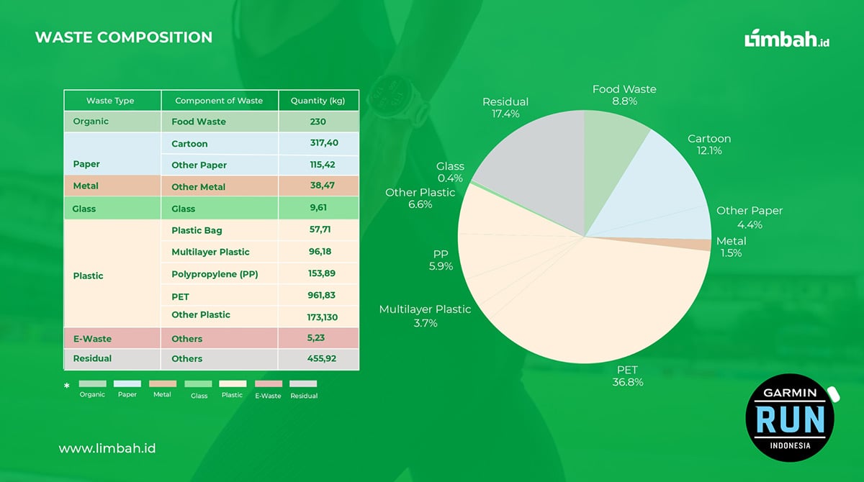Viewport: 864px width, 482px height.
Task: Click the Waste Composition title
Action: tap(123, 37)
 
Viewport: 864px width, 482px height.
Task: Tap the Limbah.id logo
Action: tap(787, 39)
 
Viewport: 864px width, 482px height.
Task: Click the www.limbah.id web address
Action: tap(107, 448)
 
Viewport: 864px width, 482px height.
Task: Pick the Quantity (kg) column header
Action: tap(318, 101)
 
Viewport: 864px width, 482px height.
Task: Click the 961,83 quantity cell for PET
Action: tap(318, 295)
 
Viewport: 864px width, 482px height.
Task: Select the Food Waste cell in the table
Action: tap(199, 122)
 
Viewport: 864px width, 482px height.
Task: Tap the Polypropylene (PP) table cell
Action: tap(215, 274)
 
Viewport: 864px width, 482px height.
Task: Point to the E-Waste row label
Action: tap(92, 338)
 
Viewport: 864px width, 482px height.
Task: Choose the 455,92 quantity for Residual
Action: tap(318, 358)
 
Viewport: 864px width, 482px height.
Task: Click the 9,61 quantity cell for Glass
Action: tap(318, 209)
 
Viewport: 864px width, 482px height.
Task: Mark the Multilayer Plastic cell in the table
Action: tap(210, 252)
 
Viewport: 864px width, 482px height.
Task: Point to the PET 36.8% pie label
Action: tap(627, 376)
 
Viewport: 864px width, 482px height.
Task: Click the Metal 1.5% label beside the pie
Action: tap(731, 247)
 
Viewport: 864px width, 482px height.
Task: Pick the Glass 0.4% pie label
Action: tap(450, 172)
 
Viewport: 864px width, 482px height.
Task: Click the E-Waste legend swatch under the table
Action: tap(268, 384)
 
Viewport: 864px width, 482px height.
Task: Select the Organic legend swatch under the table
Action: tap(92, 384)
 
